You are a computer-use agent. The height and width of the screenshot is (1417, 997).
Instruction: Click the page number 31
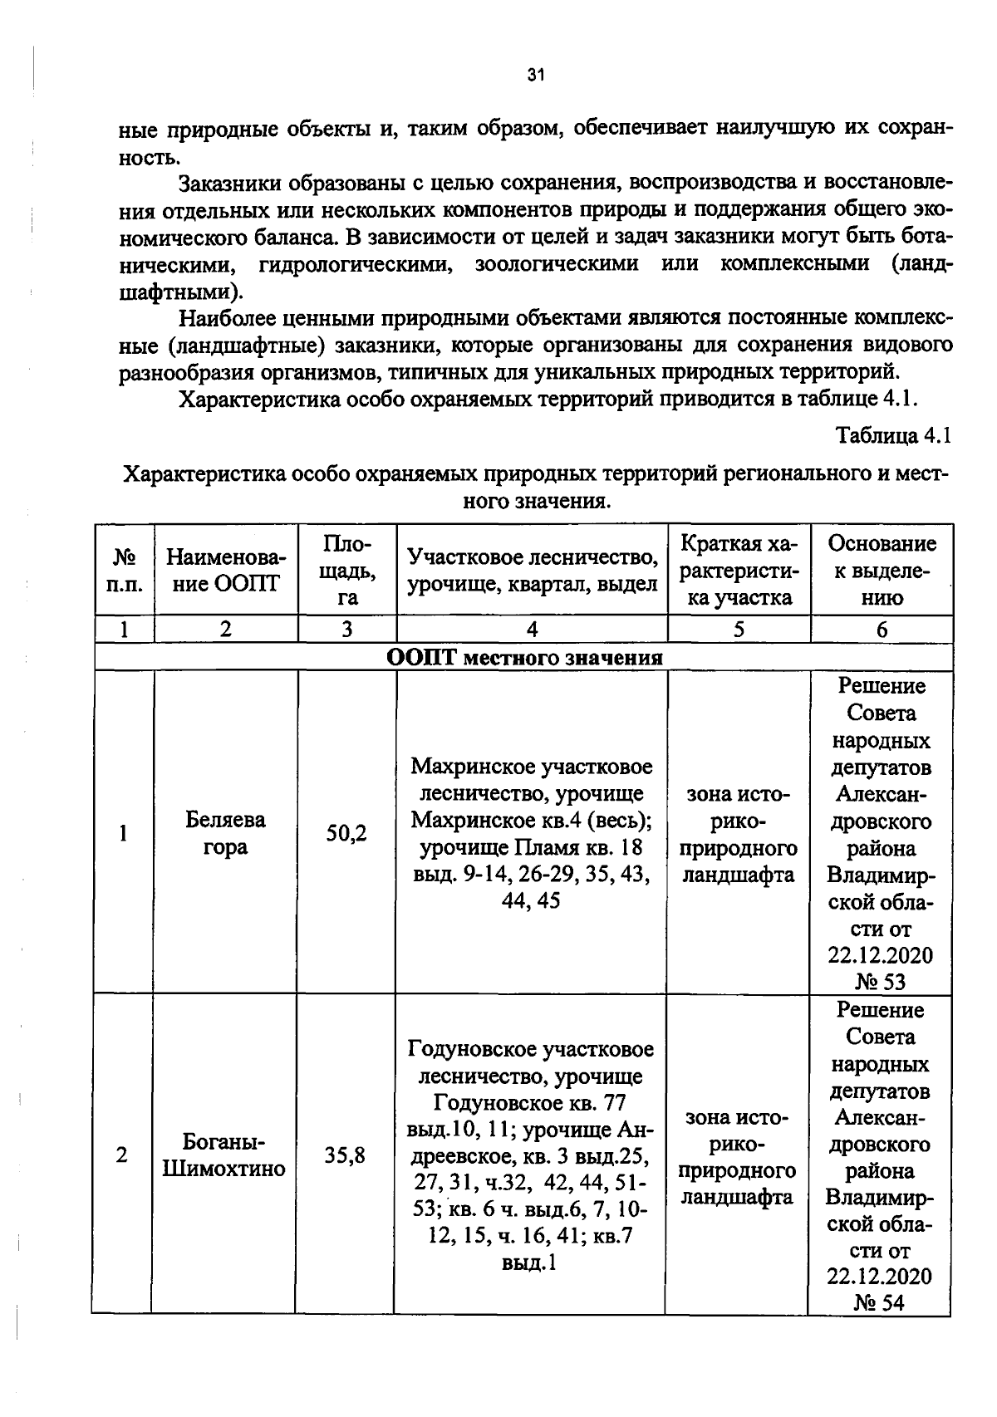535,76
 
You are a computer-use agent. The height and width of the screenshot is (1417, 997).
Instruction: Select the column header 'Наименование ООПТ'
225,570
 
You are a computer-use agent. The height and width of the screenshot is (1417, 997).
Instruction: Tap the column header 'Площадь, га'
346,570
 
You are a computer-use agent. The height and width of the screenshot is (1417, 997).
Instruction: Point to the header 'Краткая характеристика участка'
739,570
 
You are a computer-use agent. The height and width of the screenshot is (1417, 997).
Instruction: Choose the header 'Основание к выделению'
882,570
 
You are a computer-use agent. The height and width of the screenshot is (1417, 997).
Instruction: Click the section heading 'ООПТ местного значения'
524,658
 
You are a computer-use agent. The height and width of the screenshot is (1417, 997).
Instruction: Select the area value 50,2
346,833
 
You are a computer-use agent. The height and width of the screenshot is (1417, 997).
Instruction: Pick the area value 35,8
345,1155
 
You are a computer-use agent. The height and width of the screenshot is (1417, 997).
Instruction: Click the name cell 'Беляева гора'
225,833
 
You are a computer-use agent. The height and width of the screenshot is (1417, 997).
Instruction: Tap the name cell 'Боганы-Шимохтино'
224,1155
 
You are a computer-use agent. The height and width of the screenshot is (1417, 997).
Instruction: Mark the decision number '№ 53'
881,982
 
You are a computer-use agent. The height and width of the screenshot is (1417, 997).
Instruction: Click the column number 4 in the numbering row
532,630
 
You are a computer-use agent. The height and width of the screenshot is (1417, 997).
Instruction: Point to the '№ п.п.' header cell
125,570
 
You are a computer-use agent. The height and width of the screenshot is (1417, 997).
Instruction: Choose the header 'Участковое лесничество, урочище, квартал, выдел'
532,570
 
